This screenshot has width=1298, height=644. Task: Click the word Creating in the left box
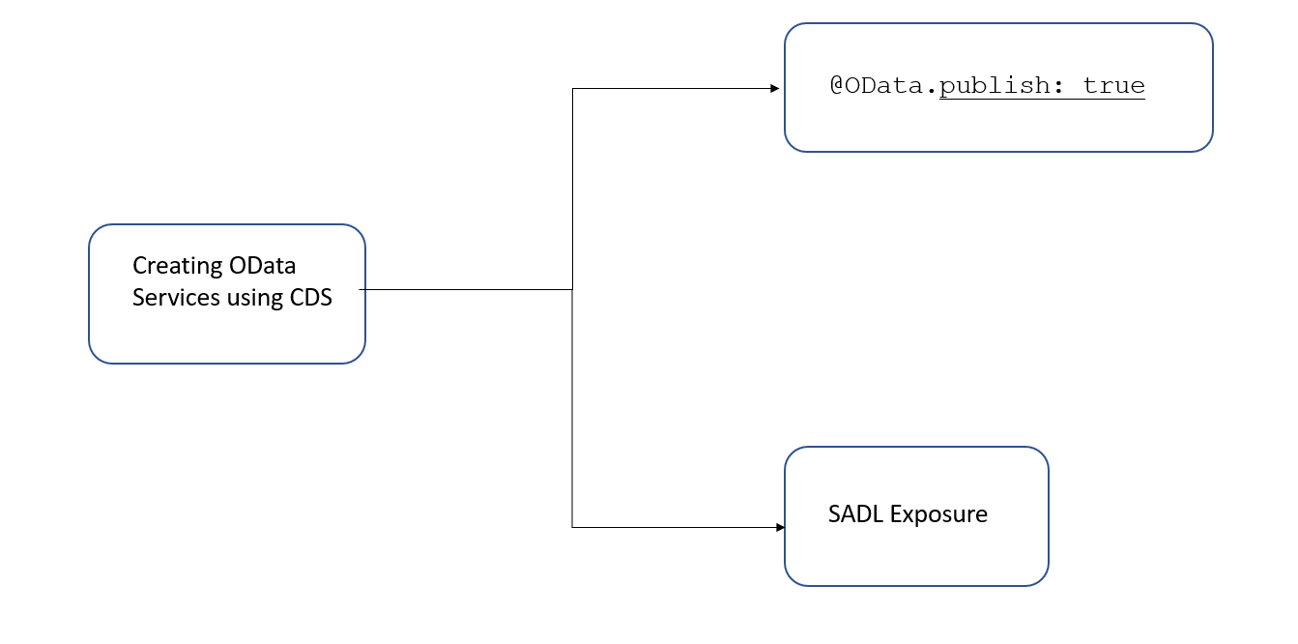(177, 267)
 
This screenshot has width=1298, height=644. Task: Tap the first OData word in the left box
(263, 266)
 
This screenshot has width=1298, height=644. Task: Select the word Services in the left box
(176, 298)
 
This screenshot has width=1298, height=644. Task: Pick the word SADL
(856, 514)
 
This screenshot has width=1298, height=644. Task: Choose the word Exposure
(938, 515)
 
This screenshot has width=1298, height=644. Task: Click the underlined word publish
(995, 86)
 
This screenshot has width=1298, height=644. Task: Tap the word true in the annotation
(1113, 86)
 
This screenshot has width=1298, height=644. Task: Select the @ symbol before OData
(837, 85)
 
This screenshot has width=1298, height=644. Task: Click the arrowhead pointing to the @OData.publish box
(775, 89)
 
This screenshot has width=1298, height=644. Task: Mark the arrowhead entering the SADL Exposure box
(780, 528)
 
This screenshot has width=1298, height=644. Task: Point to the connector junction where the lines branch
(572, 289)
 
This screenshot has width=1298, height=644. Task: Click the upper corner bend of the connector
(572, 89)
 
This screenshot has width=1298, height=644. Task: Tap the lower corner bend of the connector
(572, 528)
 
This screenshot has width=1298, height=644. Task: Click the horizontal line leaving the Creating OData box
(466, 289)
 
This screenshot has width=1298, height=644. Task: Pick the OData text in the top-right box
(883, 86)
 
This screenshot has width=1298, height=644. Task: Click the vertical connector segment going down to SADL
(572, 408)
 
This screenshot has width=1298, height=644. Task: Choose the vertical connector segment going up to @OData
(572, 189)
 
